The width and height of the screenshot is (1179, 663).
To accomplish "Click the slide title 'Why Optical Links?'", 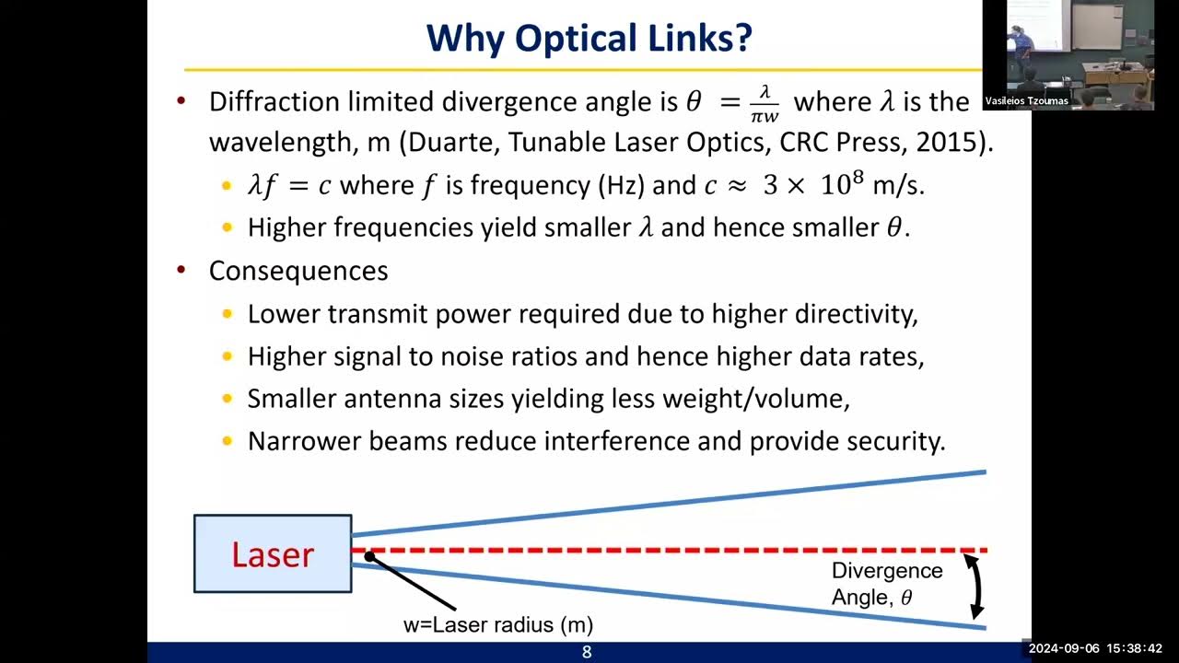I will click(x=589, y=39).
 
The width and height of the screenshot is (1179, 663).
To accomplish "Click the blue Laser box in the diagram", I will click(x=273, y=553).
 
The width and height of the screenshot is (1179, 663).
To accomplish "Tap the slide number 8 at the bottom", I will click(x=587, y=653).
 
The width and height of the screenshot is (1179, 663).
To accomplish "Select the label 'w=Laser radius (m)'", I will click(x=498, y=624).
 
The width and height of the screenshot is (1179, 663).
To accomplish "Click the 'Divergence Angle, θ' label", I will click(x=886, y=584).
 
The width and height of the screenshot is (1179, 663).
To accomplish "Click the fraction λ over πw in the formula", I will click(x=765, y=101).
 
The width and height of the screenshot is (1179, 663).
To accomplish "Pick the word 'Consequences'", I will click(x=298, y=271).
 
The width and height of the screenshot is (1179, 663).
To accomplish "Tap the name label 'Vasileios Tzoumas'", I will click(x=1026, y=101).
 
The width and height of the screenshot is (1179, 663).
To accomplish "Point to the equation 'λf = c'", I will click(x=289, y=185).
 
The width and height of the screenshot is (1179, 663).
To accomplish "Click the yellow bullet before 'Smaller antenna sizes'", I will click(x=228, y=399).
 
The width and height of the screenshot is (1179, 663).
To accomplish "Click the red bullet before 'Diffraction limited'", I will click(x=181, y=101).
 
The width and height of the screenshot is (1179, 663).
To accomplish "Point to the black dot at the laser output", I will click(x=368, y=556).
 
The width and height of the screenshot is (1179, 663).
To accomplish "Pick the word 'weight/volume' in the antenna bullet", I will click(x=762, y=399).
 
